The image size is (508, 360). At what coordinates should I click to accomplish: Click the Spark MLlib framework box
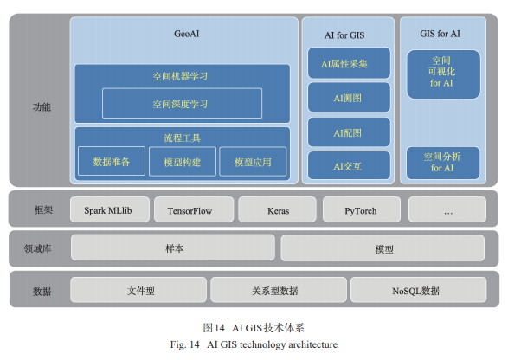pos(107,210)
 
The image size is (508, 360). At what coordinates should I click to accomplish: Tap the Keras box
pos(277,210)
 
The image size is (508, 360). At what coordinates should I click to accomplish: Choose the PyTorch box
pos(361,210)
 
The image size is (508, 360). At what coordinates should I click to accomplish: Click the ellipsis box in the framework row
pos(447,210)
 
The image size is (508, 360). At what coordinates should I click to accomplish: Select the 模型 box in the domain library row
pos(383,249)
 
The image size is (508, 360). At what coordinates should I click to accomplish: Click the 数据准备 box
pos(112,162)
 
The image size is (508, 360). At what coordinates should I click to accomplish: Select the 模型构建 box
pos(181,162)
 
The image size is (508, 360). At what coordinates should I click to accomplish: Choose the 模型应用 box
pos(253,162)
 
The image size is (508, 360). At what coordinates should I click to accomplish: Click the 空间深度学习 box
pos(180,105)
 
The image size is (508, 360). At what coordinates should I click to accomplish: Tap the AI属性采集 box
pos(348,63)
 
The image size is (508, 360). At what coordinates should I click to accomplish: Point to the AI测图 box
pos(348,99)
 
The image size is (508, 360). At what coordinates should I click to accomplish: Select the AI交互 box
pos(348,165)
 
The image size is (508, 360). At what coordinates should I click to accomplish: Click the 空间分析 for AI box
pos(442,163)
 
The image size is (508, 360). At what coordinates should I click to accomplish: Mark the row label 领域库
pos(37,249)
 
